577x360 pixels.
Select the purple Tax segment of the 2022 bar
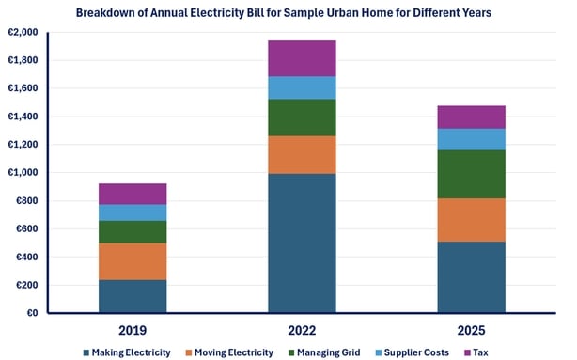pos(302,58)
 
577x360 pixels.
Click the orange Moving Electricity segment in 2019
pos(133,261)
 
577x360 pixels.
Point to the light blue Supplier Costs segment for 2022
pos(302,87)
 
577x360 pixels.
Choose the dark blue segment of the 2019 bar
pos(133,296)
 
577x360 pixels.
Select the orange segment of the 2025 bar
pos(471,220)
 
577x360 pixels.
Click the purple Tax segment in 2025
pos(471,117)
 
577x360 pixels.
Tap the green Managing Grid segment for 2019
pos(133,231)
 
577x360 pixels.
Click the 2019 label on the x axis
pos(133,330)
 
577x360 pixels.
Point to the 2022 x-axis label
pos(302,330)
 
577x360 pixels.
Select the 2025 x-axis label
pos(471,330)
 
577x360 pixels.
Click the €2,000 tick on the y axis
pos(23,32)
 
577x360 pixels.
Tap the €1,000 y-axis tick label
pos(23,172)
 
